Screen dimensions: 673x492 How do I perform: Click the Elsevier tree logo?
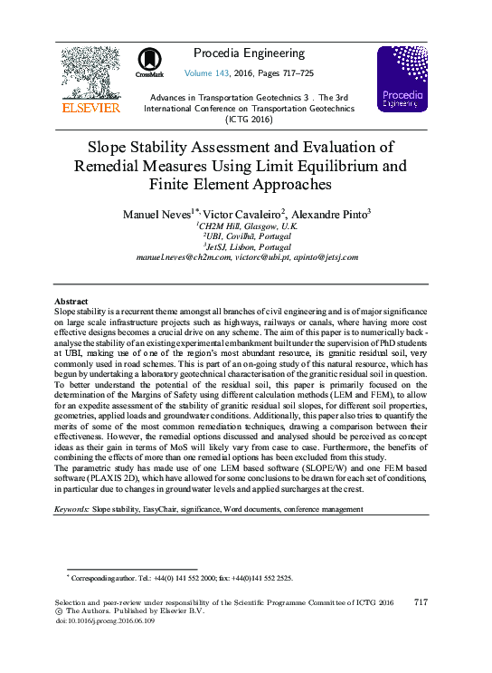pyautogui.click(x=90, y=72)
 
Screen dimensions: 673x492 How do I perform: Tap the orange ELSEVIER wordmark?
pyautogui.click(x=90, y=108)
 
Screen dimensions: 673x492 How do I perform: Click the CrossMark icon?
pyautogui.click(x=149, y=62)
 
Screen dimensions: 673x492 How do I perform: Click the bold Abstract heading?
pyautogui.click(x=71, y=301)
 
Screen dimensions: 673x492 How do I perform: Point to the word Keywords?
pyautogui.click(x=71, y=510)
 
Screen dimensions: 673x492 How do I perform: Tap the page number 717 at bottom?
pyautogui.click(x=420, y=602)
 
